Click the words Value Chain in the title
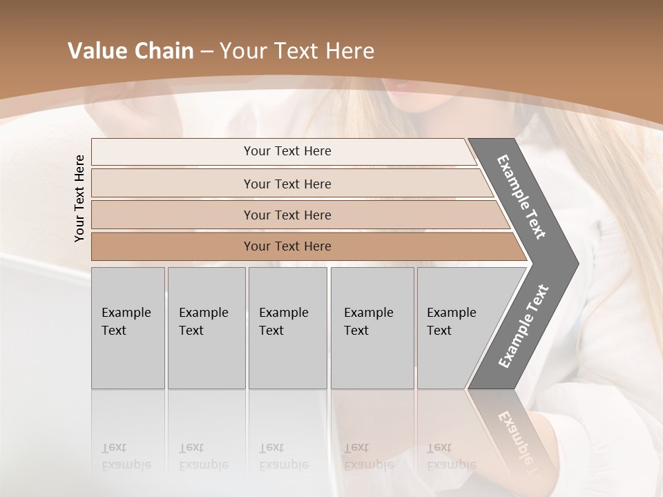click(x=131, y=51)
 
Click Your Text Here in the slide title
click(x=297, y=51)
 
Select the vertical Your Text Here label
click(x=79, y=198)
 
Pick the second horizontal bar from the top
click(x=287, y=184)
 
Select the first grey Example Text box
click(x=128, y=328)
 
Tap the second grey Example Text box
click(x=206, y=328)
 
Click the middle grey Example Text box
click(x=287, y=328)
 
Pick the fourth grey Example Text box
click(x=372, y=328)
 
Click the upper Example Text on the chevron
click(x=522, y=197)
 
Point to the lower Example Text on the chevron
click(x=523, y=326)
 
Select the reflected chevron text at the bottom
click(x=522, y=435)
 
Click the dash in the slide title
click(x=206, y=52)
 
